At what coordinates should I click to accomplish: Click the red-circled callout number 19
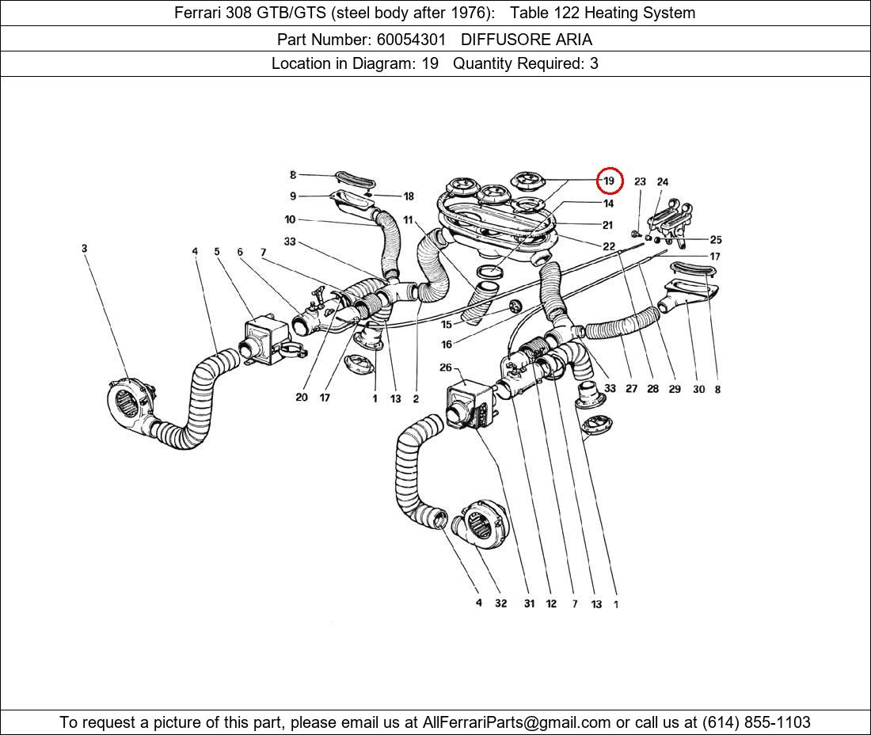pos(609,181)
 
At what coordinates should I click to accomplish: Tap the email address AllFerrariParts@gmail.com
pos(517,722)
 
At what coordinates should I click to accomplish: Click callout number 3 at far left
pos(84,249)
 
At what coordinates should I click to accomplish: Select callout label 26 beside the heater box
pos(445,367)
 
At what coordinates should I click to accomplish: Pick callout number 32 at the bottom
pos(500,604)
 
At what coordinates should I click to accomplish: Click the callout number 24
pos(663,182)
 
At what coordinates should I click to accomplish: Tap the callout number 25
pos(715,239)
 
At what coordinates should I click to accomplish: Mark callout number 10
pos(290,219)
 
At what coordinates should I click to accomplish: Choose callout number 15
pos(446,325)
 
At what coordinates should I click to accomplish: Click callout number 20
pos(301,398)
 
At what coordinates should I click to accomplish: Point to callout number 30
pos(698,389)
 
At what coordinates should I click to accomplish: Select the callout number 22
pos(608,246)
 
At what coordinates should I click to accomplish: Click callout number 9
pos(293,196)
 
